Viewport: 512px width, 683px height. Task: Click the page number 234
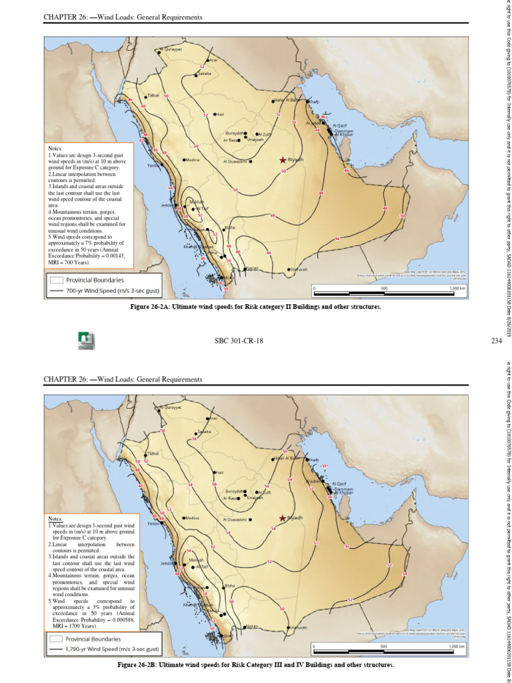click(x=496, y=340)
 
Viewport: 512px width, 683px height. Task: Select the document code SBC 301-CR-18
click(x=239, y=340)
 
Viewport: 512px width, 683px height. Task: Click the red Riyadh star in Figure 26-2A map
click(x=283, y=160)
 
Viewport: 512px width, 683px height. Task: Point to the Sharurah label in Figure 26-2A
click(x=299, y=269)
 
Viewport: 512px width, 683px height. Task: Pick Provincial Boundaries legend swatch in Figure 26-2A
click(x=56, y=280)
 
